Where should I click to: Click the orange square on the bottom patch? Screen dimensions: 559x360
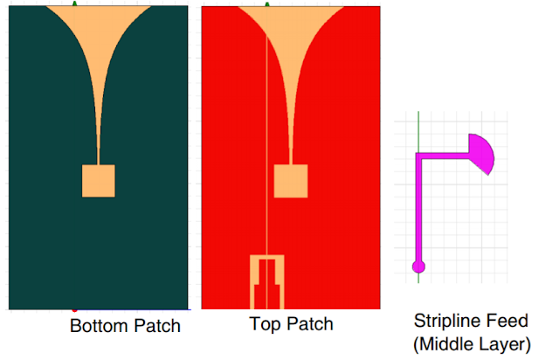pos(98,180)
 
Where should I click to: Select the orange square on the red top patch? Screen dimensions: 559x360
pos(291,180)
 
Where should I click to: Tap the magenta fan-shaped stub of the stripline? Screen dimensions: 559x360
pos(481,152)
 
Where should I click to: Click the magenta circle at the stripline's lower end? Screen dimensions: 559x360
pos(418,266)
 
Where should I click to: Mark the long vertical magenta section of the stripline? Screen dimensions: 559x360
pos(418,210)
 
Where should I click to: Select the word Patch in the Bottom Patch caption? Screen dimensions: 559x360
pos(157,327)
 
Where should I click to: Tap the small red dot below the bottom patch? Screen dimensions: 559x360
pos(75,309)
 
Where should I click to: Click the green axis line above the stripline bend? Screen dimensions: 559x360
pos(418,131)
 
